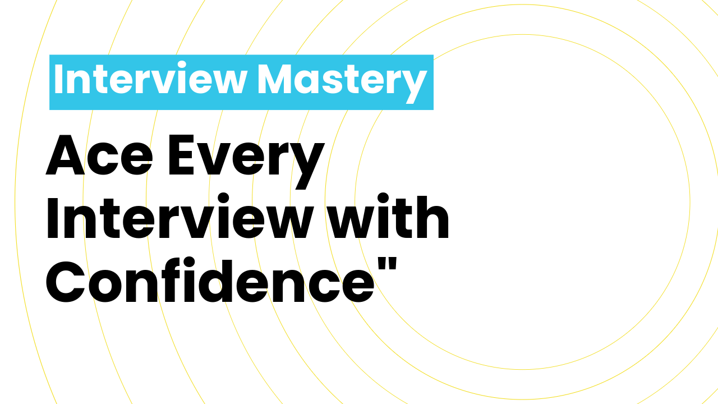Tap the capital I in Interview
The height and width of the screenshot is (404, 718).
tap(58, 80)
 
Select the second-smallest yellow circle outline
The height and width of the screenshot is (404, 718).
tap(325, 202)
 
